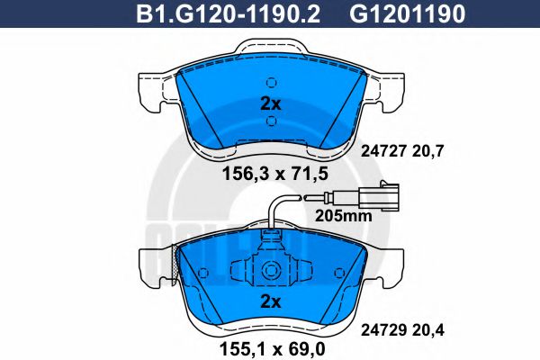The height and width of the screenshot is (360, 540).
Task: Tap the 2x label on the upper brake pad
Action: pyautogui.click(x=270, y=103)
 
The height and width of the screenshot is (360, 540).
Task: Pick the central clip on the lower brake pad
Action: pyautogui.click(x=270, y=269)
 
